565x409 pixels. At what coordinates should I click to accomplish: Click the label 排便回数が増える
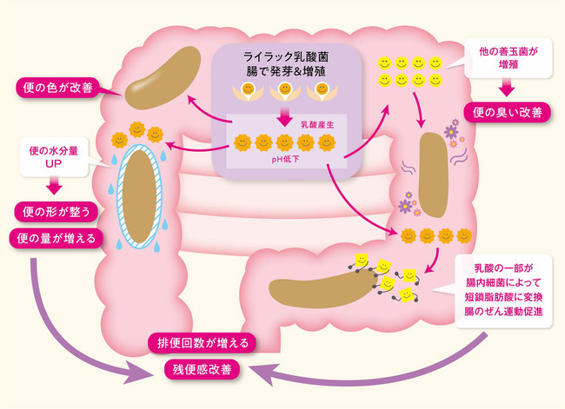click(203, 342)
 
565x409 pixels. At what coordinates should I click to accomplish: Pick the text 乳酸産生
click(315, 125)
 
